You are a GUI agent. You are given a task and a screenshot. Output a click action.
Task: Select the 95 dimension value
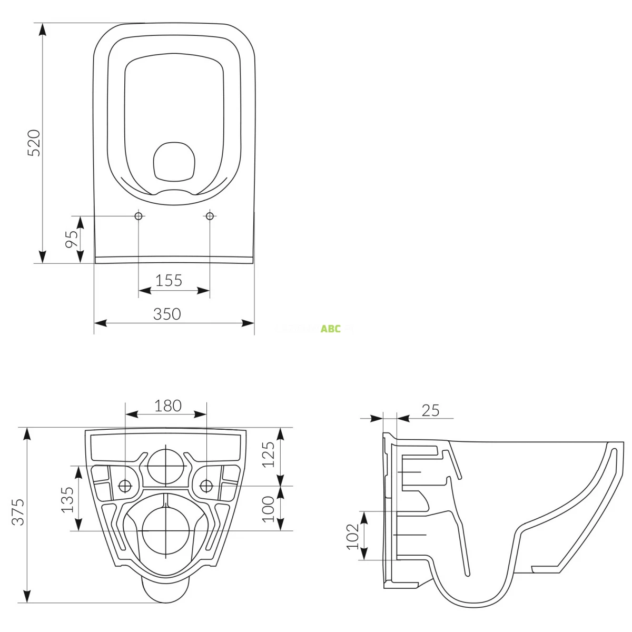[72, 239]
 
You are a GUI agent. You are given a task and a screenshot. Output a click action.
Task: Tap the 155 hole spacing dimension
[169, 280]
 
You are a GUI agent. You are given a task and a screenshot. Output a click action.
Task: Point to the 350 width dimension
[167, 314]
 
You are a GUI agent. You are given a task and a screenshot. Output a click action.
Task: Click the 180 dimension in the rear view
[168, 406]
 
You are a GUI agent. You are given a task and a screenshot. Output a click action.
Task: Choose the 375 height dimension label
[18, 511]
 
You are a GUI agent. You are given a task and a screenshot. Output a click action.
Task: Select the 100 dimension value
[268, 509]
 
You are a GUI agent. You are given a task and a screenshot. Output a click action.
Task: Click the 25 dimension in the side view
[430, 410]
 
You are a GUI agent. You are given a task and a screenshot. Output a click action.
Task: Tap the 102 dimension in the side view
[352, 536]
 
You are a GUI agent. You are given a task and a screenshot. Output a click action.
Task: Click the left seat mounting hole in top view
[139, 216]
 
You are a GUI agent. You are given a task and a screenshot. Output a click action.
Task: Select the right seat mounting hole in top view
[210, 216]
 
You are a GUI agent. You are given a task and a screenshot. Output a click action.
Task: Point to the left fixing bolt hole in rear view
[125, 485]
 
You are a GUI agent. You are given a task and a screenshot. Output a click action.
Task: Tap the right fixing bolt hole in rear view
[206, 485]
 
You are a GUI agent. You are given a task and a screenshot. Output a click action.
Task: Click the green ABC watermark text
[331, 329]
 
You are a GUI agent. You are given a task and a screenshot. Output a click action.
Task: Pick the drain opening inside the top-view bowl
[174, 160]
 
